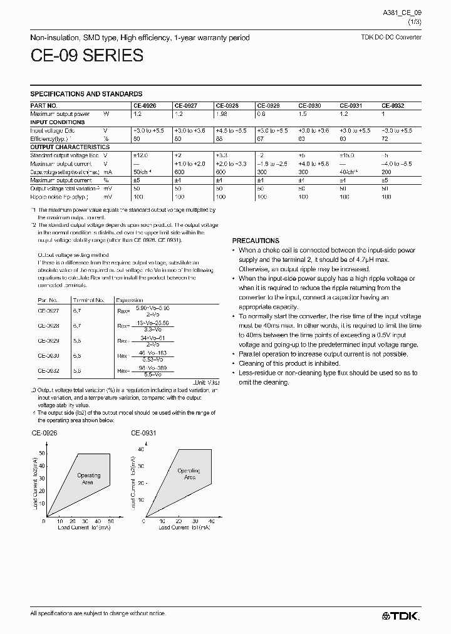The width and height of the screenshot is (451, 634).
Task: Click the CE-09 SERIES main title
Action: (86, 56)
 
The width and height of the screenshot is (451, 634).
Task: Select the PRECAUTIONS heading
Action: (256, 241)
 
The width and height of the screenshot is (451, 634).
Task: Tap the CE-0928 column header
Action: (226, 106)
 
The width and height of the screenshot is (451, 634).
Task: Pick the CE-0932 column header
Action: (393, 106)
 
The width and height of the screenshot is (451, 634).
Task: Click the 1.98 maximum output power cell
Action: (222, 114)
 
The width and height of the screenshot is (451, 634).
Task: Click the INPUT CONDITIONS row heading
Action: (56, 122)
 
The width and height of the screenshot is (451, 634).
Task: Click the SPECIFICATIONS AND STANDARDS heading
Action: (86, 94)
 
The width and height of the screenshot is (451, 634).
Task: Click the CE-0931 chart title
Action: (143, 433)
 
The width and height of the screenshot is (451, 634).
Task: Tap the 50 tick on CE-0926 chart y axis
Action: (42, 453)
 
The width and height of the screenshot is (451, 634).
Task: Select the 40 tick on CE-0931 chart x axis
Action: (211, 521)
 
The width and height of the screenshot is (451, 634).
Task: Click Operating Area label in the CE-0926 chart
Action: (88, 479)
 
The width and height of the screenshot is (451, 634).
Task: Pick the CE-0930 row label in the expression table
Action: (48, 355)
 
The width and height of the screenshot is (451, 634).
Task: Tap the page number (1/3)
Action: (415, 22)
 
